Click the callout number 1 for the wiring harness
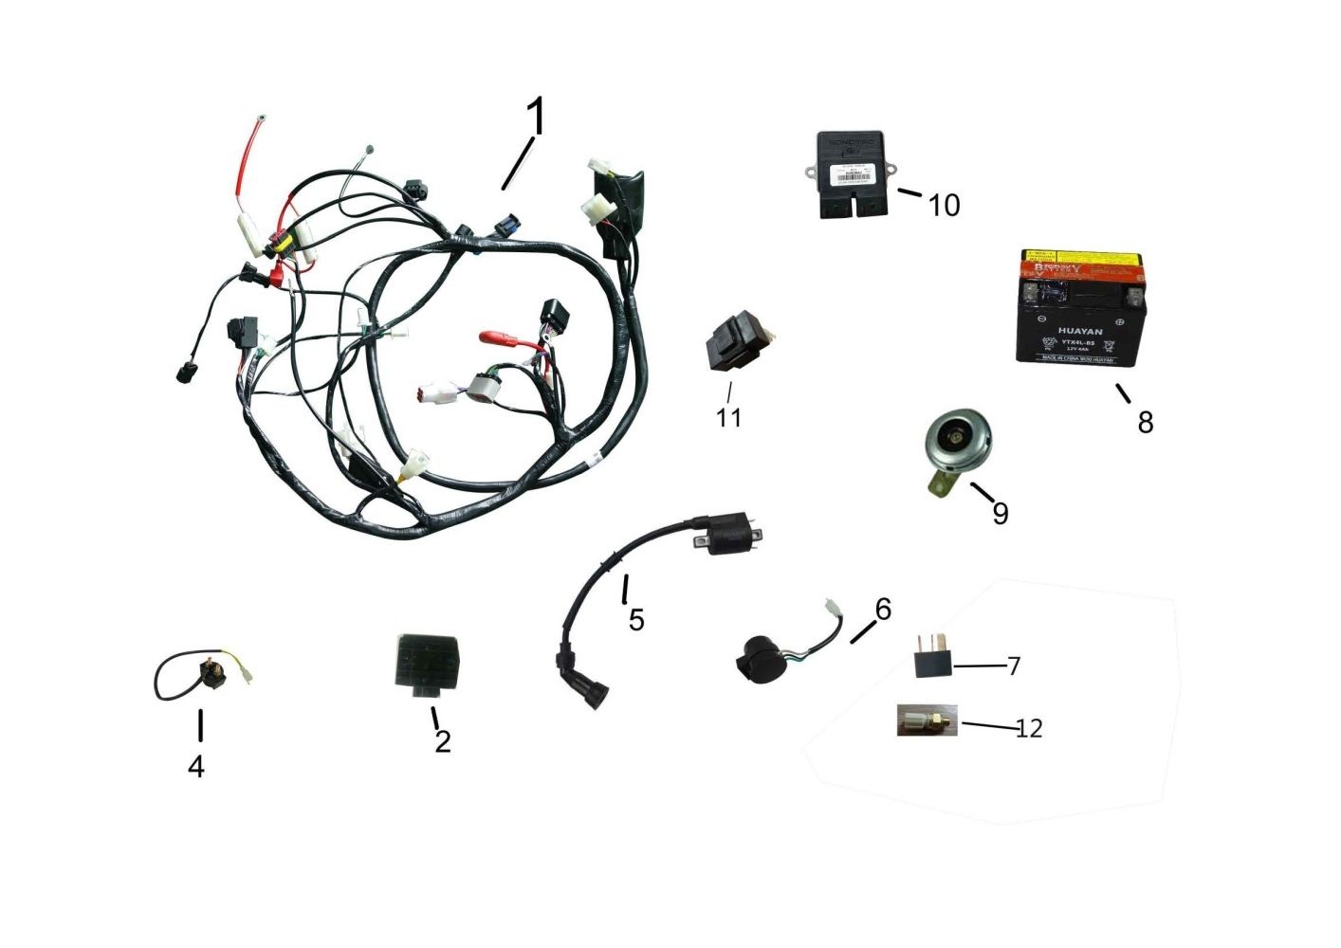pos(537,117)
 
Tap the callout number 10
pos(944,205)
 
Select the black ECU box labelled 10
pos(851,174)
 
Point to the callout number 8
pos(1146,422)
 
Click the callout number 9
pos(1000,513)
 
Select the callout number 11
pos(728,417)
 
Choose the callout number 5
pos(636,620)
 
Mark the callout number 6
pos(883,609)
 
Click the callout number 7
pos(1014,665)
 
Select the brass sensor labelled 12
pos(927,721)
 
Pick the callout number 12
pos(1029,728)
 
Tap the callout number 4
pos(195,766)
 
